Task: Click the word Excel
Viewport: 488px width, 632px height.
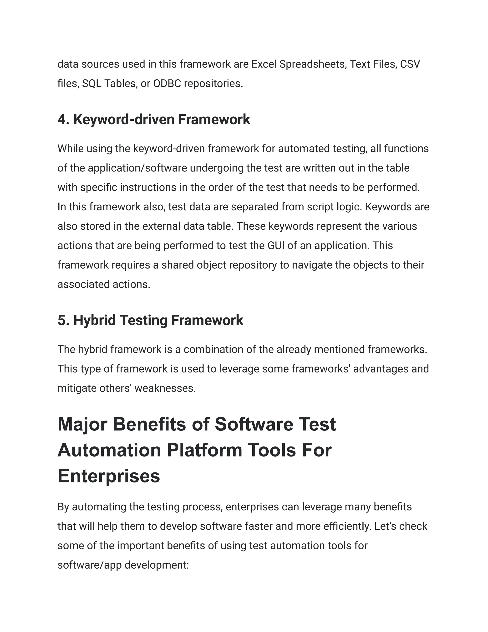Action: coord(264,64)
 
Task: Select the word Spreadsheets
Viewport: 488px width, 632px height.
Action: coord(313,64)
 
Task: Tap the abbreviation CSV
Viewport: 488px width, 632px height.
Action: coord(410,64)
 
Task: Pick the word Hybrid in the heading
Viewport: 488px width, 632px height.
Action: coord(95,320)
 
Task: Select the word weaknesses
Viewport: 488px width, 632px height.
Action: coord(165,388)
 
